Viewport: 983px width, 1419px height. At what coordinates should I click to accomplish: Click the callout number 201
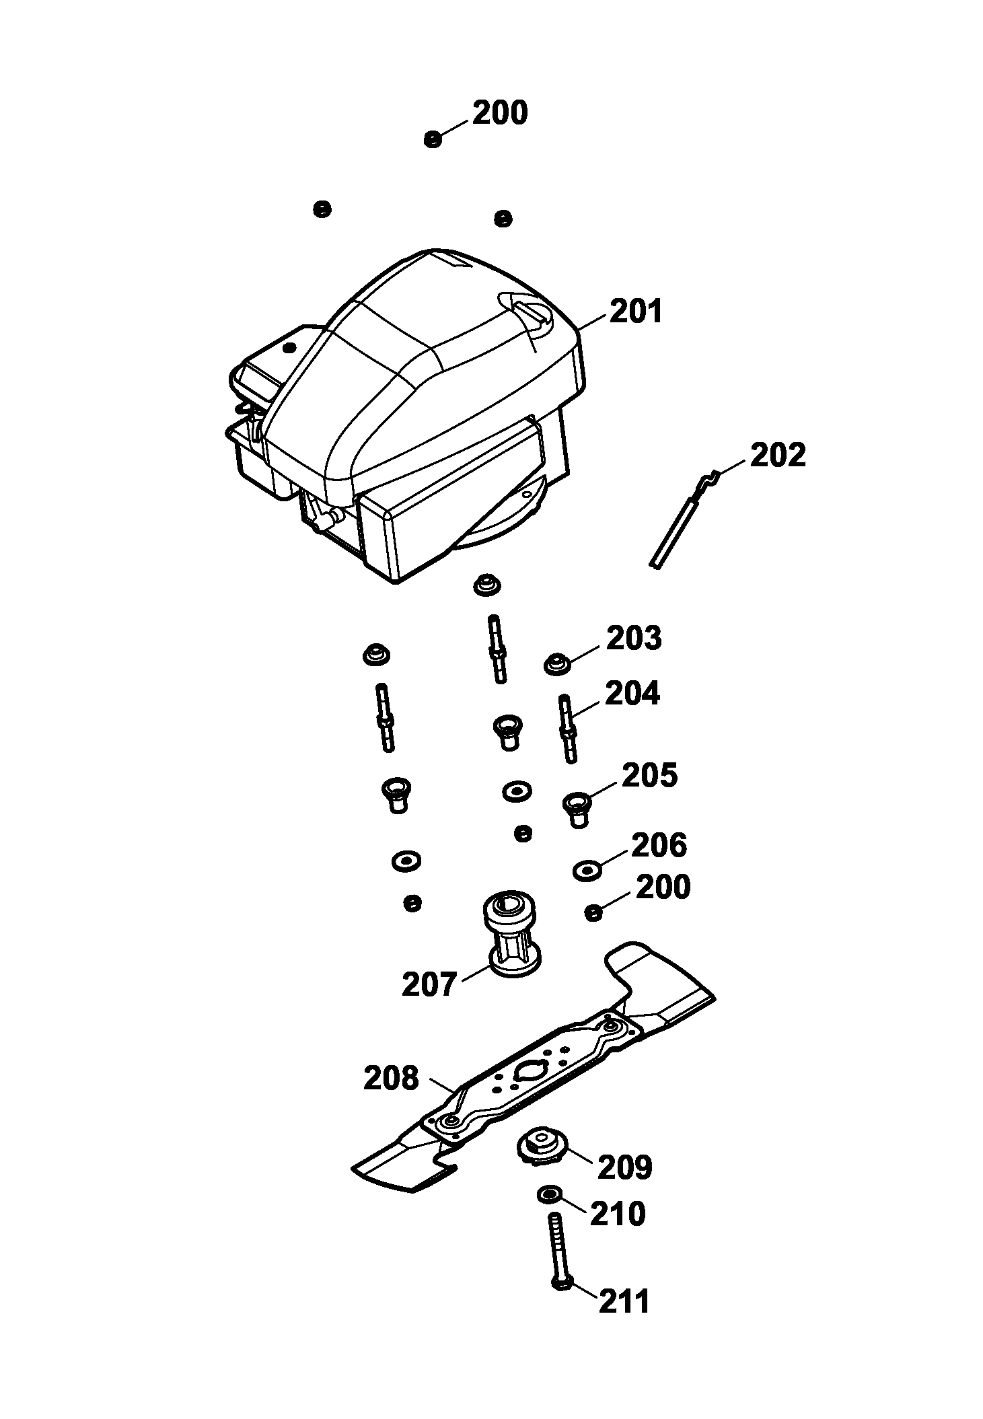tap(636, 312)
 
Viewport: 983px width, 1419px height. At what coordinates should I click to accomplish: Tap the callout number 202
tap(777, 455)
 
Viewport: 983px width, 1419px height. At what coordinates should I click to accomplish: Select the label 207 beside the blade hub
tap(429, 985)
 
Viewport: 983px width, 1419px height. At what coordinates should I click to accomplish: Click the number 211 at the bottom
tap(624, 1301)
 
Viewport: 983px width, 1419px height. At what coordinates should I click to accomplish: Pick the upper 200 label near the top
tap(500, 113)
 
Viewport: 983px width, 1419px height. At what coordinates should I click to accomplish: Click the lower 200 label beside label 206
tap(663, 887)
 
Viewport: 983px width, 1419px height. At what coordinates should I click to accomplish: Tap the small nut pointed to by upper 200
tap(433, 139)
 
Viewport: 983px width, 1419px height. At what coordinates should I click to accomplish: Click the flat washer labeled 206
tap(587, 870)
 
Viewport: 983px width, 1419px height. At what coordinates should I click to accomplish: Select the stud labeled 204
tap(567, 729)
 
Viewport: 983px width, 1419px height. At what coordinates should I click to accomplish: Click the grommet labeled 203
tap(556, 663)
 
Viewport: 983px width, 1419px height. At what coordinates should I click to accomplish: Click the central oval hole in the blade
tap(530, 1068)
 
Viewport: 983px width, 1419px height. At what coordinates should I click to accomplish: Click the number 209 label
tap(624, 1167)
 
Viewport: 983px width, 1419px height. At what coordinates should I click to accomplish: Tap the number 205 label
tap(649, 776)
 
